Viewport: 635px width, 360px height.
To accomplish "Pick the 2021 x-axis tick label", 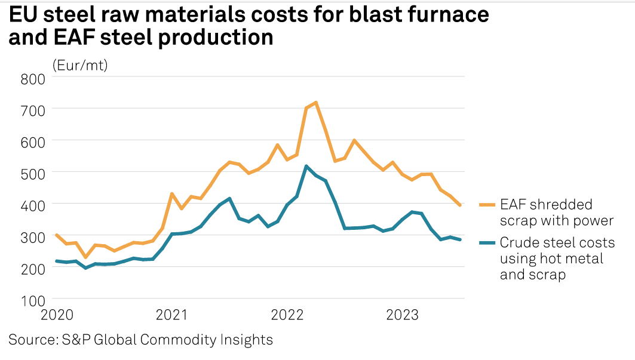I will coord(173,315).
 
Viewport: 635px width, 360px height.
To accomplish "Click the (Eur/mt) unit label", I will coord(80,64).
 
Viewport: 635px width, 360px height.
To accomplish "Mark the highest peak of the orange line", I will coord(315,103).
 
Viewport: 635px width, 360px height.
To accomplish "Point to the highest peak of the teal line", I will coord(306,166).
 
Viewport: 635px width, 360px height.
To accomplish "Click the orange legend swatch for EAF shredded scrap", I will coord(487,205).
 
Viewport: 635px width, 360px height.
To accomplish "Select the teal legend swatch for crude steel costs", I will coord(487,243).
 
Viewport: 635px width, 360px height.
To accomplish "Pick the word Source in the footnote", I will coord(30,340).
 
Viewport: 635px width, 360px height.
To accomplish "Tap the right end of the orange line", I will coord(460,205).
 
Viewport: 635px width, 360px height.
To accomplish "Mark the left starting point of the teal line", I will coord(56,261).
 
